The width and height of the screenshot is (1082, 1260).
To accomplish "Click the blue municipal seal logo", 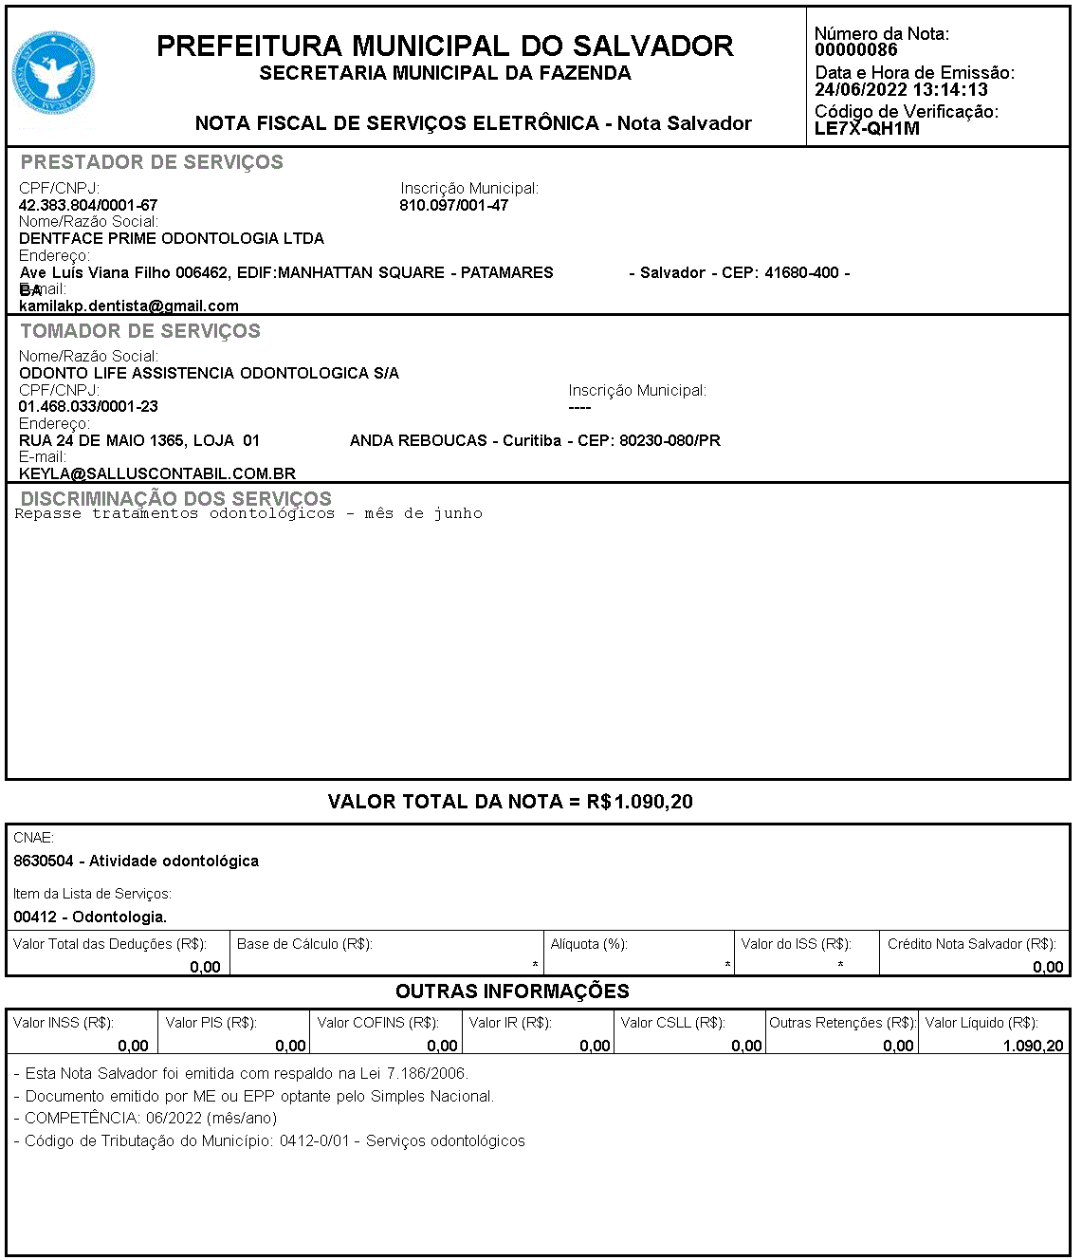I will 53,74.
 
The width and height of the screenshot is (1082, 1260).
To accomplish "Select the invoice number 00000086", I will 855,50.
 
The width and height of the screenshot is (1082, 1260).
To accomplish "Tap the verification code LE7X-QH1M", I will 867,129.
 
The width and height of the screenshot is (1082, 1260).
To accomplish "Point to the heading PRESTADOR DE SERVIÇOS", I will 152,162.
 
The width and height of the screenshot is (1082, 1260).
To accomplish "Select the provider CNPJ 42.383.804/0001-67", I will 88,205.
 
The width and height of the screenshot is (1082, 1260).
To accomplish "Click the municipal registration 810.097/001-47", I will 453,205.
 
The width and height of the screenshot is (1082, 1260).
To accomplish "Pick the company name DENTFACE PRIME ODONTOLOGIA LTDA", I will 172,238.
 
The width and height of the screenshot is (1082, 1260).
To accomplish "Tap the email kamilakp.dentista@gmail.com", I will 129,306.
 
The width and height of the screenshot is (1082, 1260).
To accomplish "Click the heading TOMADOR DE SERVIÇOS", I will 140,331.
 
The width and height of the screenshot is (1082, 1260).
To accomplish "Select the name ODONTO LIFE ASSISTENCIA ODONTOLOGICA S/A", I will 209,373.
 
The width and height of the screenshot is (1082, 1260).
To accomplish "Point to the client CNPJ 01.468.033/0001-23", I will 88,406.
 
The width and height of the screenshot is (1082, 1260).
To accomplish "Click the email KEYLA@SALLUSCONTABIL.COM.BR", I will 157,473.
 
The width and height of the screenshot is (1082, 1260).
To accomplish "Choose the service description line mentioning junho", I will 248,513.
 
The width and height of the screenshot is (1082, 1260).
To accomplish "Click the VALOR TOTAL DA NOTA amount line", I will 510,802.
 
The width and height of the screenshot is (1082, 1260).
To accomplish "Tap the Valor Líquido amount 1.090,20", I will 1033,1046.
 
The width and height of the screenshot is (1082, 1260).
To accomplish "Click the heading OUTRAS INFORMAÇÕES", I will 512,991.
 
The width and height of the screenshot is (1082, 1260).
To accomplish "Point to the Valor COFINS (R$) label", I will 377,1023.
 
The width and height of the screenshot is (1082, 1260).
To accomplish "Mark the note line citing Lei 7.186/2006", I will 242,1074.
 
